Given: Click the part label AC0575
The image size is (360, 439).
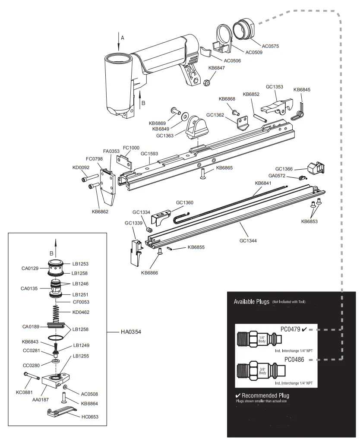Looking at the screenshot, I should [x=271, y=45].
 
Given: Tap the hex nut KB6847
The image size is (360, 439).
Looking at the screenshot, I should [x=207, y=82].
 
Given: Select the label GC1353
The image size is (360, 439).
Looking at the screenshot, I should [x=275, y=87].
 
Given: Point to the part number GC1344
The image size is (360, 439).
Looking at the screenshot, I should [x=248, y=240].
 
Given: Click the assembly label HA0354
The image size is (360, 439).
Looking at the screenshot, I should [x=131, y=332].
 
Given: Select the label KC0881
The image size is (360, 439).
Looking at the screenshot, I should [x=25, y=393].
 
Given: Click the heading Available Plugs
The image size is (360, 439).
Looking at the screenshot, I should [x=251, y=301].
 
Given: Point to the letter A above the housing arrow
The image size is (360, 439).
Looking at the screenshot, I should [x=122, y=38].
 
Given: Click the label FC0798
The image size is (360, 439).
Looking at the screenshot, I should [x=94, y=159].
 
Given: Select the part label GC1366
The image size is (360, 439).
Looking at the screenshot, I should [x=284, y=169].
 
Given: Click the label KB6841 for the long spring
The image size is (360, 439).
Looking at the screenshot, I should [x=263, y=183].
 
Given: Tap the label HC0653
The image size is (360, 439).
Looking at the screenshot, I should [x=90, y=417].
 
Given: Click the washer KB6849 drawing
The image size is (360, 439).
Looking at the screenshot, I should [x=184, y=116].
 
